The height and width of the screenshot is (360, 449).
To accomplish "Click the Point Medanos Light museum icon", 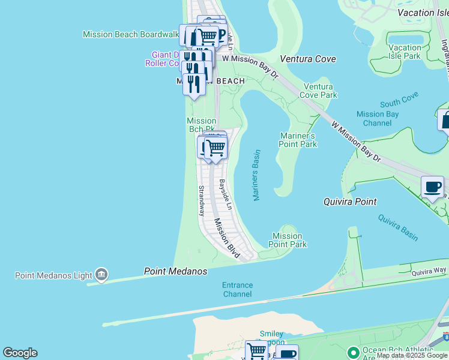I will tap(101, 275).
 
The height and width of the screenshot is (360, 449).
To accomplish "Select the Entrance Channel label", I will tap(237, 290).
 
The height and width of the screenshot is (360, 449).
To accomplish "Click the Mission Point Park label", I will tap(288, 240).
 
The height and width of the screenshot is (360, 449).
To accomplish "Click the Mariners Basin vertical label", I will tap(256, 175).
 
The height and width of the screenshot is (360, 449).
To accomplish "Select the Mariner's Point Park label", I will tap(298, 140).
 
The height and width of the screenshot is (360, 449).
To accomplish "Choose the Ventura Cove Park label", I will tap(318, 91).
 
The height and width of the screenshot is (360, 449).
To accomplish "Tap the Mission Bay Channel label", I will tap(378, 118).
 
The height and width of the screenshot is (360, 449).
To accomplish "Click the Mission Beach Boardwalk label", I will tap(131, 34).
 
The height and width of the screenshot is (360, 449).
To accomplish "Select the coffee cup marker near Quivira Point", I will tap(432, 187).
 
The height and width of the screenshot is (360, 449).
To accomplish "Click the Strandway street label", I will tap(202, 200).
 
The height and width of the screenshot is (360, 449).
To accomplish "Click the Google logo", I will tap(20, 353).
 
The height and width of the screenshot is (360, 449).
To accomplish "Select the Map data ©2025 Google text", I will tap(412, 355).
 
